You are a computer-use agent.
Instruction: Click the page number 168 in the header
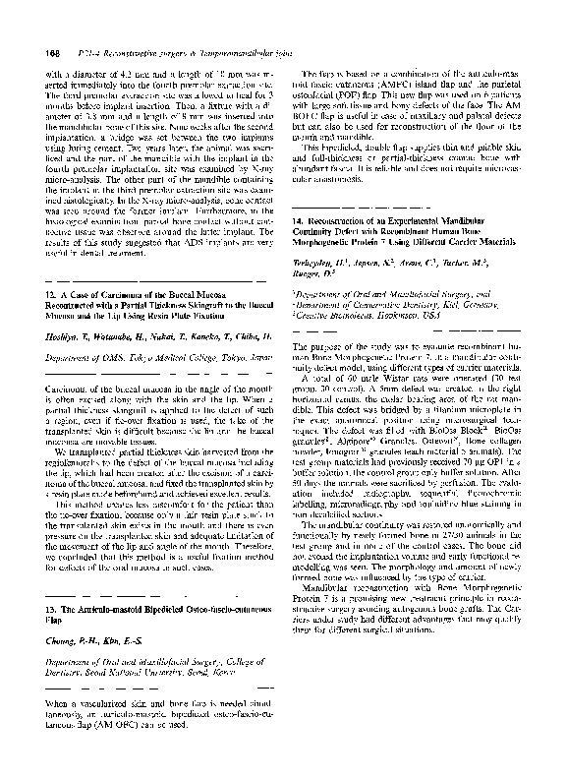(49, 52)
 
